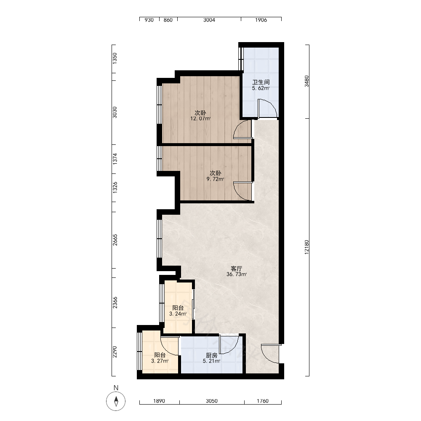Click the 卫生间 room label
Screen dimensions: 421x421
click(261, 82)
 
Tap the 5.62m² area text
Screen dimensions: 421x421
click(261, 88)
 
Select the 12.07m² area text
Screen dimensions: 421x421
click(200, 118)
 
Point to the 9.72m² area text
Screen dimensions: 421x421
click(215, 179)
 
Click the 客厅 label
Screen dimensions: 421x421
click(237, 269)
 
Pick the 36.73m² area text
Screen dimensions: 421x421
click(237, 274)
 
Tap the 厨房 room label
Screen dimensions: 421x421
click(212, 355)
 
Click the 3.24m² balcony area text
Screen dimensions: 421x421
click(178, 314)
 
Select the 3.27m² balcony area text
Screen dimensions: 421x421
click(160, 361)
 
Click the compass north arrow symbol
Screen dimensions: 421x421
click(116, 401)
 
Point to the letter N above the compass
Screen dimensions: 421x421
click(116, 388)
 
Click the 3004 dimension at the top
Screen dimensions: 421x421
click(209, 20)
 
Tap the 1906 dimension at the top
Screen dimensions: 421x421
click(261, 20)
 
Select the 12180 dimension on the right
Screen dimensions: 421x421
click(306, 247)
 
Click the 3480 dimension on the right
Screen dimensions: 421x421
click(306, 81)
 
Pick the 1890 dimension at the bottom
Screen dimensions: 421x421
click(159, 401)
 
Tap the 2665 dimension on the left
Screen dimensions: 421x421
click(115, 240)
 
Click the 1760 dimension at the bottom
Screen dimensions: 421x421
click(263, 401)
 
